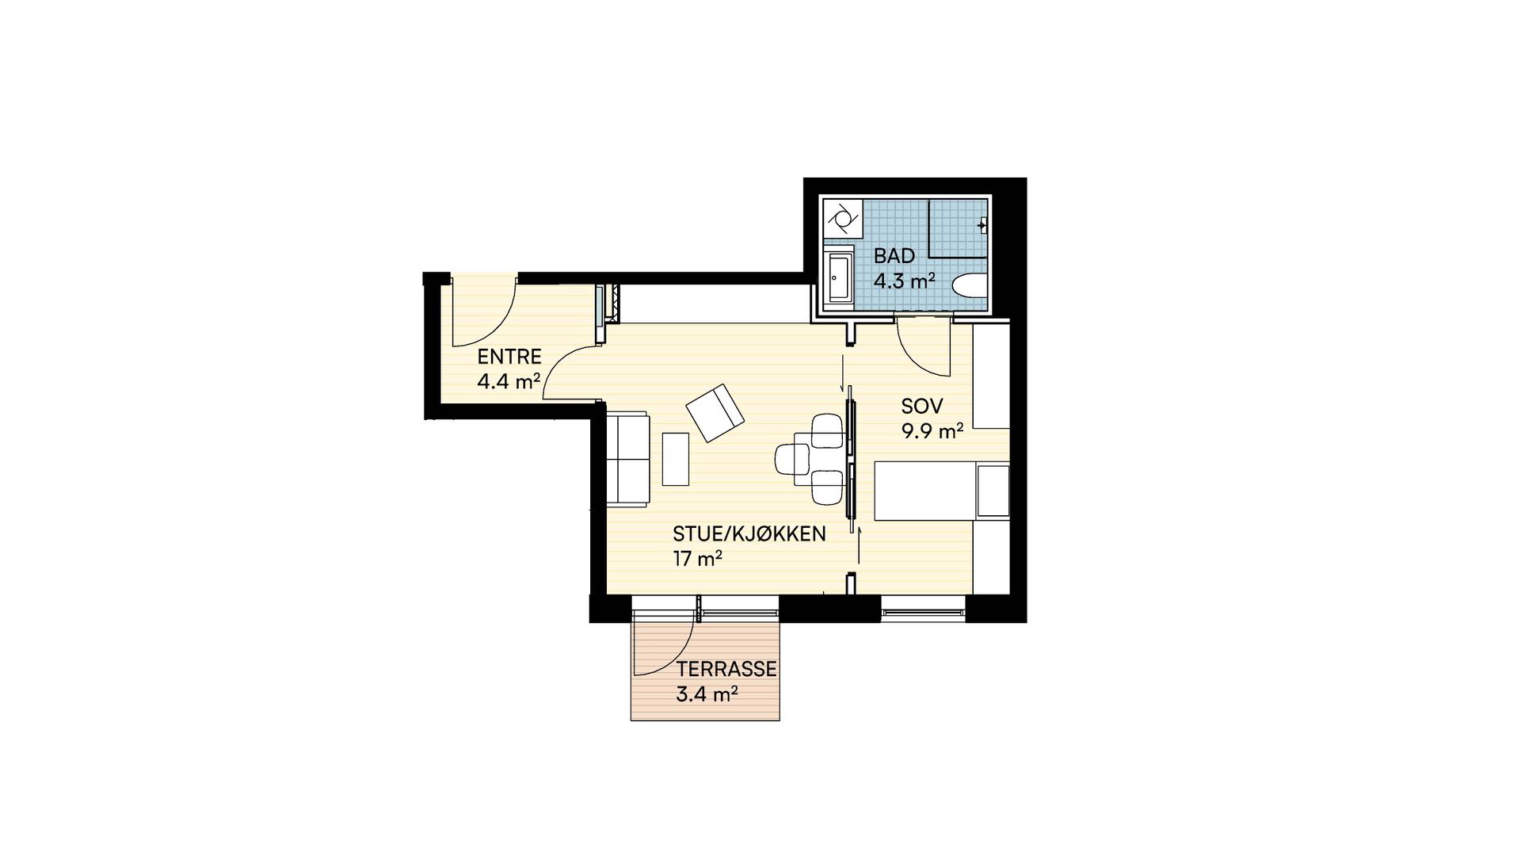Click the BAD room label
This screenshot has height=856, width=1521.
pyautogui.click(x=894, y=256)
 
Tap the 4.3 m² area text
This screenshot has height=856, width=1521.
pyautogui.click(x=905, y=281)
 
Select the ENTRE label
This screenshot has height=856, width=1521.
pyautogui.click(x=509, y=357)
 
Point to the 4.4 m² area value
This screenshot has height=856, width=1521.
pyautogui.click(x=509, y=382)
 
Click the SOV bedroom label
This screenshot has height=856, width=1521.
pyautogui.click(x=922, y=407)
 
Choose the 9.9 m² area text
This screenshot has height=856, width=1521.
pyautogui.click(x=932, y=432)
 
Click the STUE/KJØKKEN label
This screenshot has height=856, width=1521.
pyautogui.click(x=749, y=533)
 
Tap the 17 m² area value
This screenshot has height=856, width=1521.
pyautogui.click(x=698, y=559)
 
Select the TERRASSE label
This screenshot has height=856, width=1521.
pyautogui.click(x=726, y=669)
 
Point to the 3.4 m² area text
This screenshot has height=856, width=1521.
pyautogui.click(x=707, y=695)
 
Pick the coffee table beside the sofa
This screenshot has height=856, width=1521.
pyautogui.click(x=676, y=459)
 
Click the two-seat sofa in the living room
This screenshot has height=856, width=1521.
pyautogui.click(x=628, y=459)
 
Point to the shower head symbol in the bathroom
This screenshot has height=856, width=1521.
pyautogui.click(x=982, y=225)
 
